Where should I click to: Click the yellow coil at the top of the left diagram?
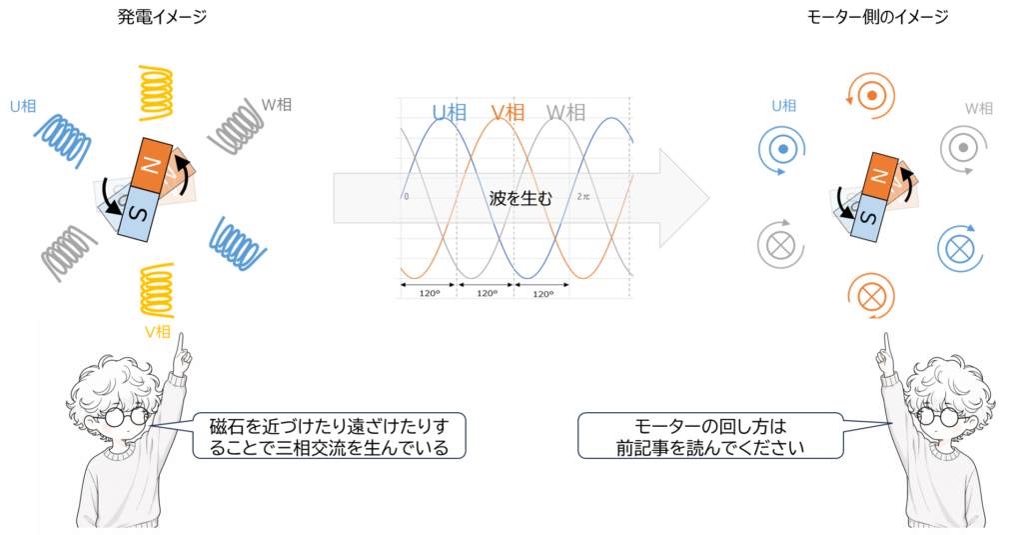(x=156, y=92)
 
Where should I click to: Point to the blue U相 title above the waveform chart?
(x=450, y=113)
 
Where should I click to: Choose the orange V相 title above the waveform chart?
(x=509, y=113)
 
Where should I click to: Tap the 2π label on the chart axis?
(x=584, y=197)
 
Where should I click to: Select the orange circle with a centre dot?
(x=870, y=94)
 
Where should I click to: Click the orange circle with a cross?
(x=869, y=297)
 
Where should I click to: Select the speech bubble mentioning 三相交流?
(x=329, y=435)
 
